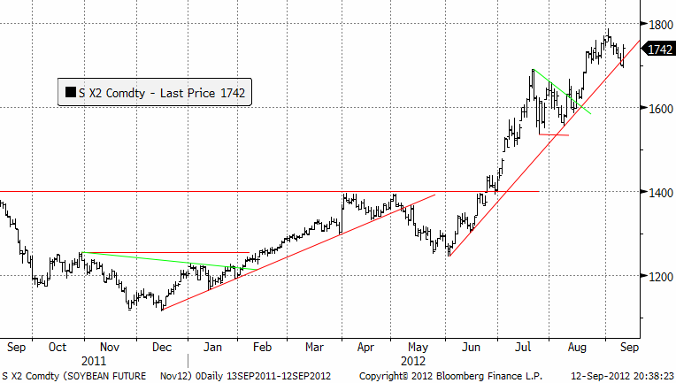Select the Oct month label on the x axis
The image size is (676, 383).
[58, 348]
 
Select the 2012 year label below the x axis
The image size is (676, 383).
[412, 361]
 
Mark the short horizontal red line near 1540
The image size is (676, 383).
[554, 134]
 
